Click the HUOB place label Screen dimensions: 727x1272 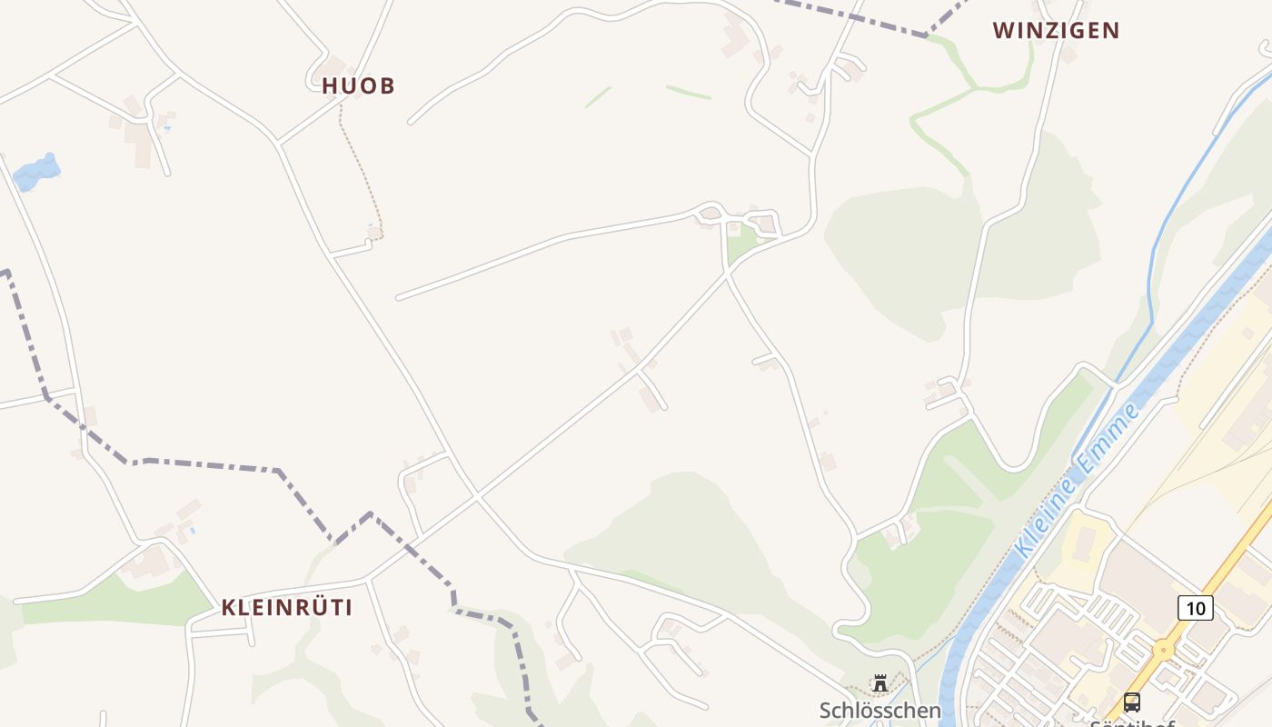[358, 86]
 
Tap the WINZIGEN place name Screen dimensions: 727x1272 [1056, 31]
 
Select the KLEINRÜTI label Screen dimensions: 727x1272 [287, 608]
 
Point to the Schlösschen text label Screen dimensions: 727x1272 [879, 710]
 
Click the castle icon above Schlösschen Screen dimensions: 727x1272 [879, 682]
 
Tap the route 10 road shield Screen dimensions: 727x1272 [1196, 608]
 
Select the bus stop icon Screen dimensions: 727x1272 [1132, 702]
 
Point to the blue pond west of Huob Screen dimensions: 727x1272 [36, 172]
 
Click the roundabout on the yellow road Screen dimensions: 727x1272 [1162, 650]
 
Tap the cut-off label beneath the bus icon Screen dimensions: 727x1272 [1132, 723]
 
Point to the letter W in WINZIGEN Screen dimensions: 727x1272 [1003, 31]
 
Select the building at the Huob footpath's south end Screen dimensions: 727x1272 [374, 234]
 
